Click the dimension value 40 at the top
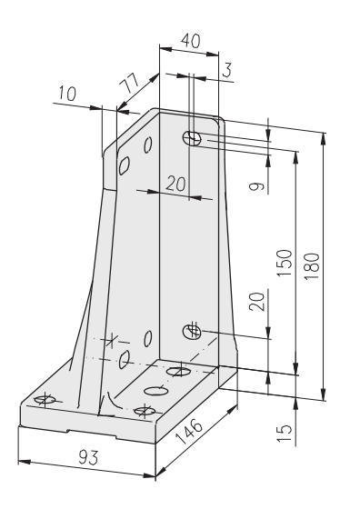tap(191, 41)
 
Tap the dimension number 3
tap(227, 70)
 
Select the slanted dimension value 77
tap(129, 83)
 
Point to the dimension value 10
tap(67, 94)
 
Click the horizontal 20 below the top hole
tap(175, 183)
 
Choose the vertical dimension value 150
tap(285, 263)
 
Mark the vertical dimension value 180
tap(313, 267)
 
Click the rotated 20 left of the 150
tap(256, 302)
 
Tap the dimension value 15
tap(285, 434)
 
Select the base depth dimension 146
tap(189, 432)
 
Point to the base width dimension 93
tap(88, 457)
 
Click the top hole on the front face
tap(192, 138)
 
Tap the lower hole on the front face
tap(192, 332)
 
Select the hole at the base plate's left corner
tap(45, 399)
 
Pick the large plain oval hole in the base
tap(156, 391)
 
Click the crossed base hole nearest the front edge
tap(145, 411)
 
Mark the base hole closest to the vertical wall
tap(178, 372)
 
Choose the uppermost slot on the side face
tap(148, 145)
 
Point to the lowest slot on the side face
tap(125, 359)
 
